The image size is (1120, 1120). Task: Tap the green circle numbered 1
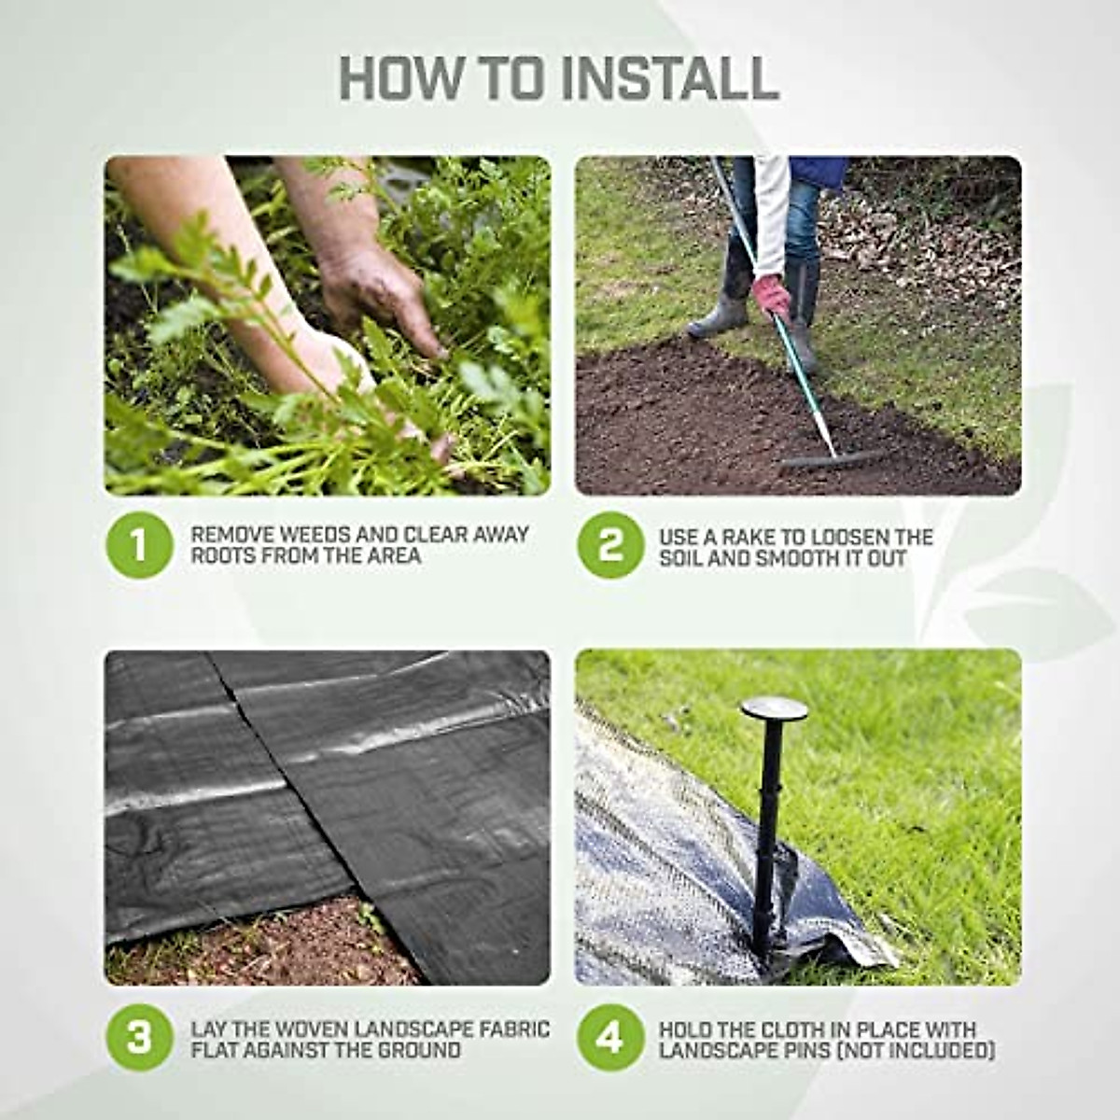pyautogui.click(x=139, y=544)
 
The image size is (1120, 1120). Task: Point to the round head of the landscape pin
pyautogui.click(x=774, y=708)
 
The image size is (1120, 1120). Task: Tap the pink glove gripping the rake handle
pyautogui.click(x=772, y=295)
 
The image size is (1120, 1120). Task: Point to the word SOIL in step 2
pyautogui.click(x=682, y=558)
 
